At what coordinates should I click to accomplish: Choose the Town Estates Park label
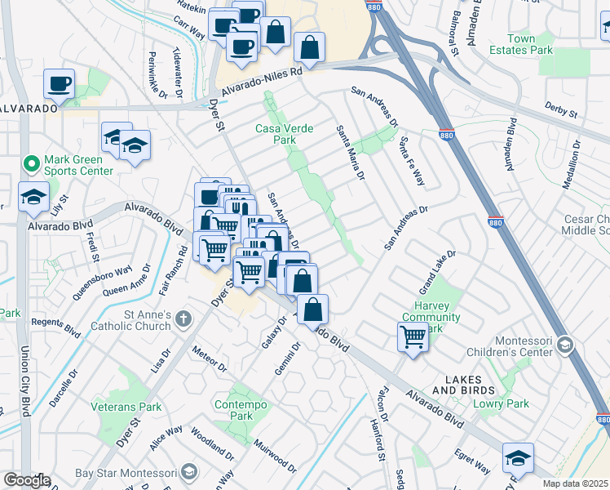tap(529, 44)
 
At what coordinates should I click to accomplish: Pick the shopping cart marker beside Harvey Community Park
tap(413, 336)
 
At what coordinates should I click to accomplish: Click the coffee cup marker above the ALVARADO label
tap(60, 83)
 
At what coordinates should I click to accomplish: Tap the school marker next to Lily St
tap(33, 197)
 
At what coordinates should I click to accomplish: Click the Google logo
tap(27, 480)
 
